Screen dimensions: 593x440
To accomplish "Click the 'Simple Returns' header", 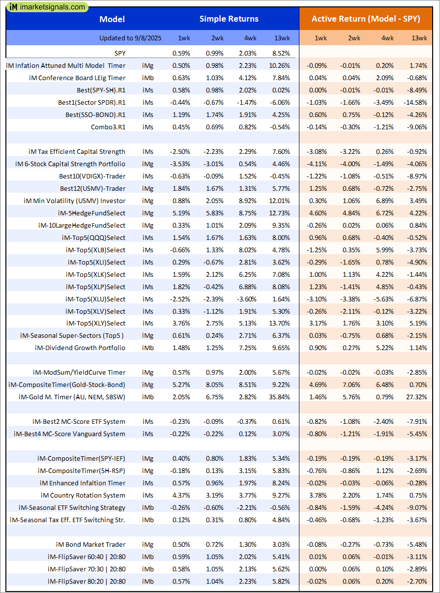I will [x=229, y=19].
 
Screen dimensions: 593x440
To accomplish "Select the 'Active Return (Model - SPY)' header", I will [x=366, y=19].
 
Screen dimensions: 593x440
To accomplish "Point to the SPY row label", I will [x=117, y=53].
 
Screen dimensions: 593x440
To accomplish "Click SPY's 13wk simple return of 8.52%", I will [x=280, y=53].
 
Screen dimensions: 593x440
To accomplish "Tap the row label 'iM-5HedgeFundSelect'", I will [x=91, y=213].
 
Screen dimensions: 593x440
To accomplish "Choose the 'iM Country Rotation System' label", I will [x=83, y=495].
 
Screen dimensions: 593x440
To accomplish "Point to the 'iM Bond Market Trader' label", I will [x=90, y=544].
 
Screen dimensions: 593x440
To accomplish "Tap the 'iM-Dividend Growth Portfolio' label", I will [x=80, y=348].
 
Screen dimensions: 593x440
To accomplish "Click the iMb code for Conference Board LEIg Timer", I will [x=147, y=78].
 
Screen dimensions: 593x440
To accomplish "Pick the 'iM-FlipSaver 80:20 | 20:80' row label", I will [x=87, y=581].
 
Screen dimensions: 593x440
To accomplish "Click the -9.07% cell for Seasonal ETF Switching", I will [x=417, y=507].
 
